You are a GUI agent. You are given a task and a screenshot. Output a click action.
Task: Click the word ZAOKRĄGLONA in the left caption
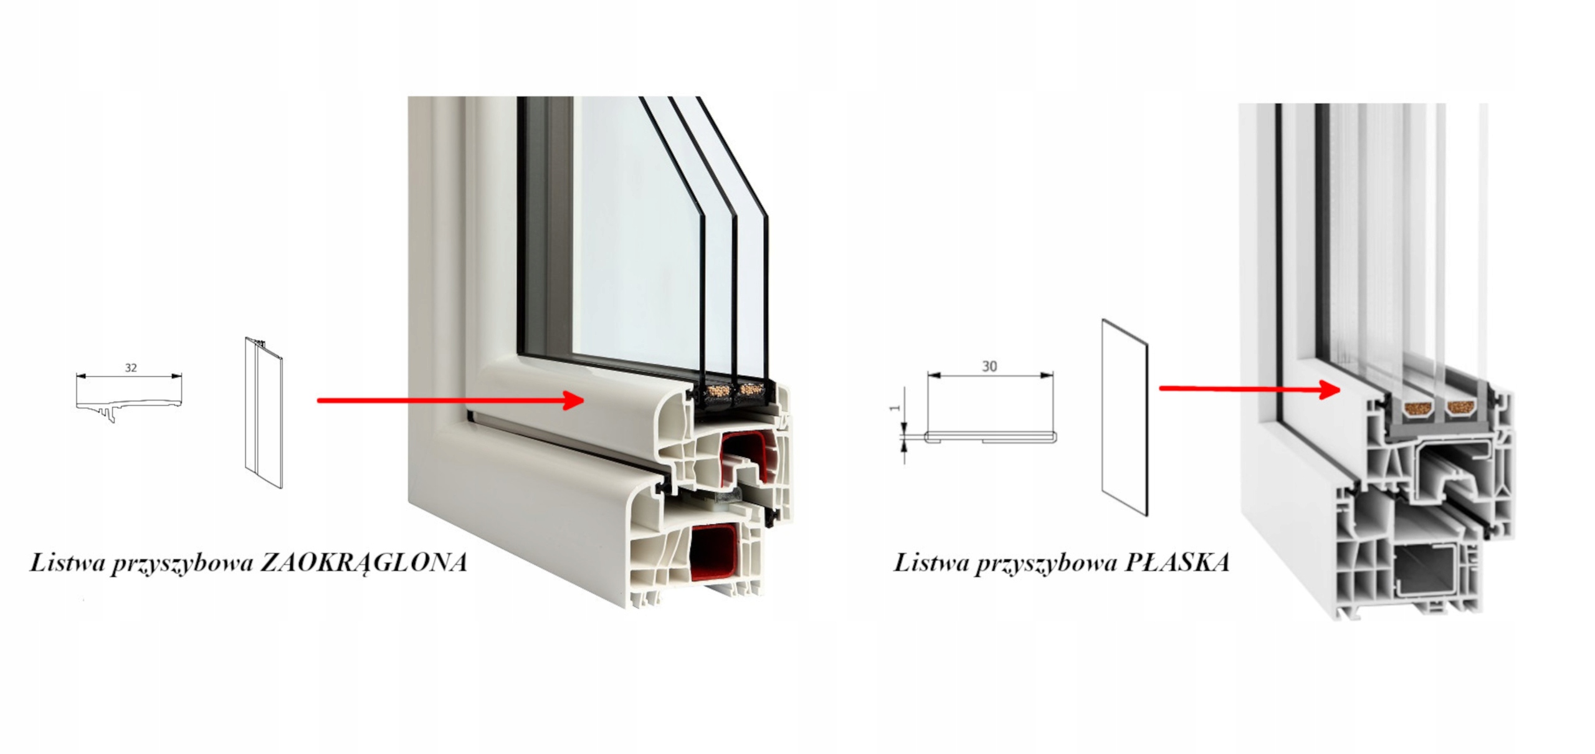pyautogui.click(x=363, y=563)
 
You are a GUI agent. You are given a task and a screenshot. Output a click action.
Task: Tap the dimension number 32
pyautogui.click(x=131, y=368)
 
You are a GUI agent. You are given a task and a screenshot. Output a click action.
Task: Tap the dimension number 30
pyautogui.click(x=989, y=366)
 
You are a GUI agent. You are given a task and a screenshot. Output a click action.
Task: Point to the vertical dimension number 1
pyautogui.click(x=895, y=408)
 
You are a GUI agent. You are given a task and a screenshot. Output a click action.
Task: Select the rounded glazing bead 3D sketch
pyautogui.click(x=264, y=413)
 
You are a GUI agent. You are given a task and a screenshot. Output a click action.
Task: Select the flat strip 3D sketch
pyautogui.click(x=1125, y=418)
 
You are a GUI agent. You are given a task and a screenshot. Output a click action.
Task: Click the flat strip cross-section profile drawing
pyautogui.click(x=991, y=437)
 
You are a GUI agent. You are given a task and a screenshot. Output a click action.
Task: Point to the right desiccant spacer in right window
pyautogui.click(x=1461, y=408)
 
